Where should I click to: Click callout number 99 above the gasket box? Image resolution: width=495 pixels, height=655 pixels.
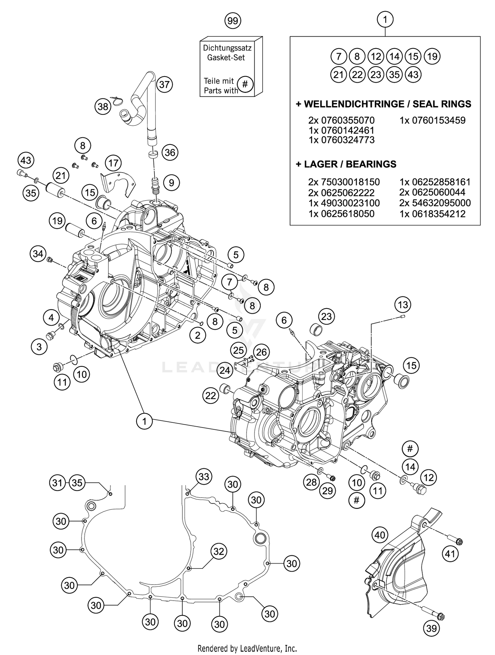pos(233,21)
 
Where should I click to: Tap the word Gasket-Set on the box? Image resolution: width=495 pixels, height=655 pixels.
pos(226,57)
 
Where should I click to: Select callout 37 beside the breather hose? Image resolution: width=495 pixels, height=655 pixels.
pos(164,84)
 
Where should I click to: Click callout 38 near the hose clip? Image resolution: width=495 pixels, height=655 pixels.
pos(103,107)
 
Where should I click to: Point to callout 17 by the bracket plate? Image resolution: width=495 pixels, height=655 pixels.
pos(113,163)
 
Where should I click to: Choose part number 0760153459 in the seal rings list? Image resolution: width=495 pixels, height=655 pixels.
pos(432,120)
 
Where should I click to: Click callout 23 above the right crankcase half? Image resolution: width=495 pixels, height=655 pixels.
pos(326,316)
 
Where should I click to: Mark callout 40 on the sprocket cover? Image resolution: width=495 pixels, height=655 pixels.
pos(380,535)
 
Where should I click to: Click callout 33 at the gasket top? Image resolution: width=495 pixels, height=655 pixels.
pos(204,477)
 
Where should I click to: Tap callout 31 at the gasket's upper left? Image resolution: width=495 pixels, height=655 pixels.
pos(58,483)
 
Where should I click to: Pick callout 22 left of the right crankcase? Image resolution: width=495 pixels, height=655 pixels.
pos(211,395)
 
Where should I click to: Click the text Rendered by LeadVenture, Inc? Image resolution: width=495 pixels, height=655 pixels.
pos(247,648)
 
